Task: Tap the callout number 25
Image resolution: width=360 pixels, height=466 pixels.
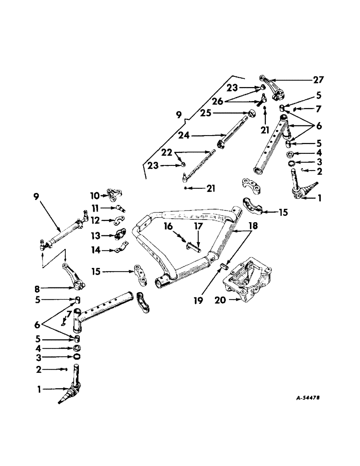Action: (x=206, y=113)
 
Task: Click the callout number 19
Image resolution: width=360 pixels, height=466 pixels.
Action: (x=199, y=301)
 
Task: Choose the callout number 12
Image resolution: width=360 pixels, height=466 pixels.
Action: (x=96, y=219)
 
